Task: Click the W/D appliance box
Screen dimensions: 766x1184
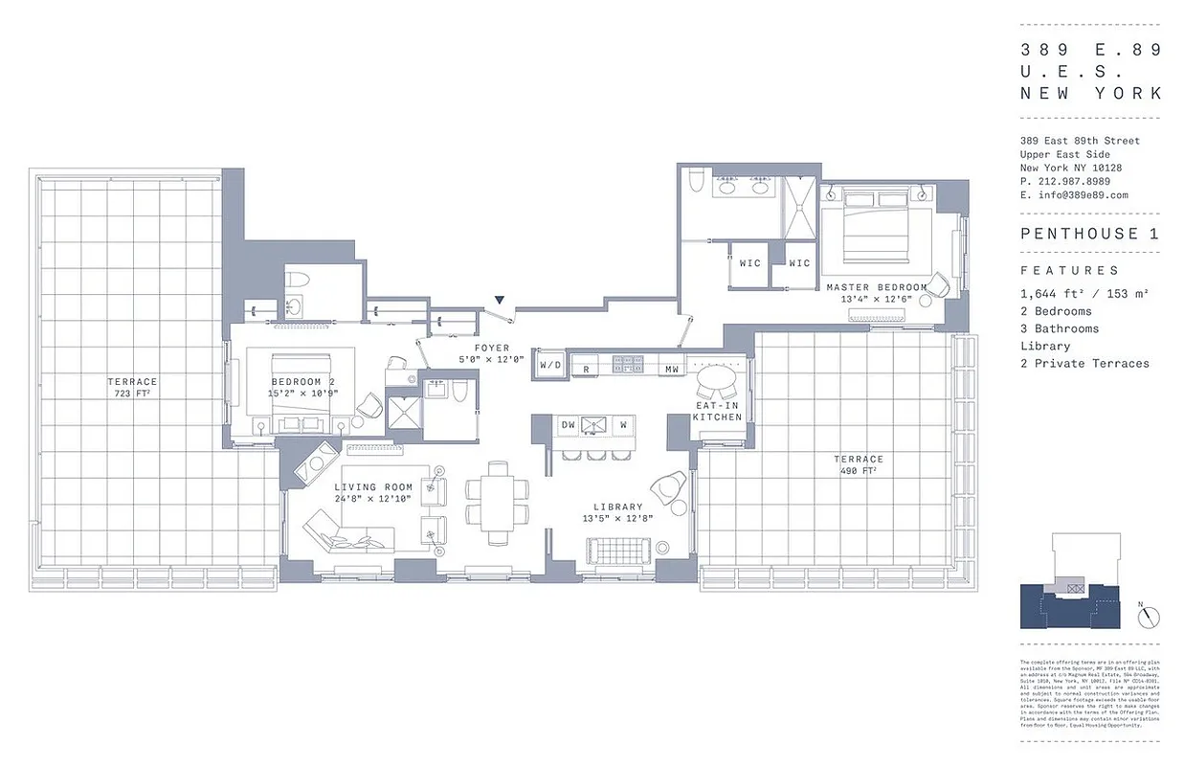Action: pyautogui.click(x=550, y=366)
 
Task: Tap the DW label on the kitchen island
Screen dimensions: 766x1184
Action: pyautogui.click(x=568, y=424)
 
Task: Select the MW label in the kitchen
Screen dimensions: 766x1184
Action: pyautogui.click(x=672, y=369)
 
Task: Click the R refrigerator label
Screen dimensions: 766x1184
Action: pyautogui.click(x=585, y=369)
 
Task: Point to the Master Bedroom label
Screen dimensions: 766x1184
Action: pyautogui.click(x=877, y=287)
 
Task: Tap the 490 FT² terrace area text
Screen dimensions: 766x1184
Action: pyautogui.click(x=858, y=465)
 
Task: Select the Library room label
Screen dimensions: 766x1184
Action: pyautogui.click(x=617, y=507)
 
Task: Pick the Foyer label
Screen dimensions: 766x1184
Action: pyautogui.click(x=492, y=349)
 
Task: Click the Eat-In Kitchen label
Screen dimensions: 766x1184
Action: pyautogui.click(x=718, y=412)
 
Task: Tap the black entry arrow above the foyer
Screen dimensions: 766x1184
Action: pyautogui.click(x=499, y=301)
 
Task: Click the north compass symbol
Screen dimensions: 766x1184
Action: pyautogui.click(x=1149, y=618)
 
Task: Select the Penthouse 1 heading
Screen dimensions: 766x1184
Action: pyautogui.click(x=1089, y=234)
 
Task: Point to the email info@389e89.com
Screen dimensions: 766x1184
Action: pyautogui.click(x=1080, y=195)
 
